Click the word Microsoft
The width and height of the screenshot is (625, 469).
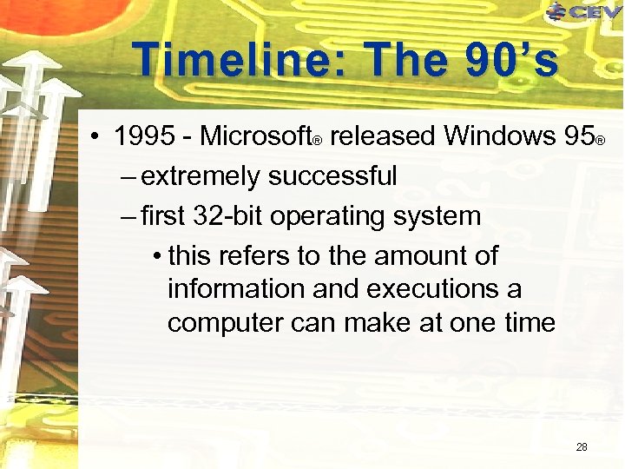tap(255, 136)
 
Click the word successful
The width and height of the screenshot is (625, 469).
tap(332, 176)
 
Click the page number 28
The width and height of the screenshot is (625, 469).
tap(582, 447)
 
